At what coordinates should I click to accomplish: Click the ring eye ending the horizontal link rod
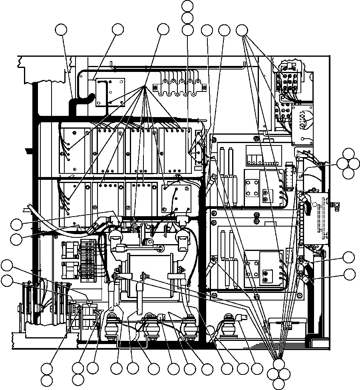(x=161, y=249)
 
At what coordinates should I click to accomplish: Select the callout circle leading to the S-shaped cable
(x=61, y=30)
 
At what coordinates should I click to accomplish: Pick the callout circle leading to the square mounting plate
(x=118, y=30)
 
